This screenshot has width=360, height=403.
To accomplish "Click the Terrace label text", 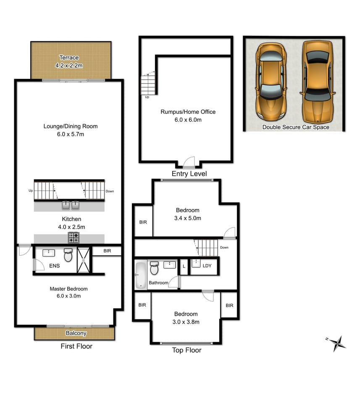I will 69,58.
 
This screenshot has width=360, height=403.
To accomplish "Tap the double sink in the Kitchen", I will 71,205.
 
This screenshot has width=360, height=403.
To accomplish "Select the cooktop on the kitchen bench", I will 74,238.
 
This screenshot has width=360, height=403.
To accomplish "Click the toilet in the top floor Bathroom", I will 154,268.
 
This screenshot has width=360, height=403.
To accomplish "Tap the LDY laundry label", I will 207,266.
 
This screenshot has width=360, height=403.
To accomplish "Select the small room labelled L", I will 184,266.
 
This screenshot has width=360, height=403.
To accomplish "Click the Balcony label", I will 76,333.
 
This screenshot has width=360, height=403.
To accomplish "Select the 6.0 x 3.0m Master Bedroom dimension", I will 68,296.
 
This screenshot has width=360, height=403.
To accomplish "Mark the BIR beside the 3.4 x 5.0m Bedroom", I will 143,222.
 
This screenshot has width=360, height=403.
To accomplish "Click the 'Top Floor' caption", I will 187,350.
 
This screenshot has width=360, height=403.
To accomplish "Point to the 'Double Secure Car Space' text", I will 296,127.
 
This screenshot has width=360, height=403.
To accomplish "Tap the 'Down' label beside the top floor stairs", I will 224,248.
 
